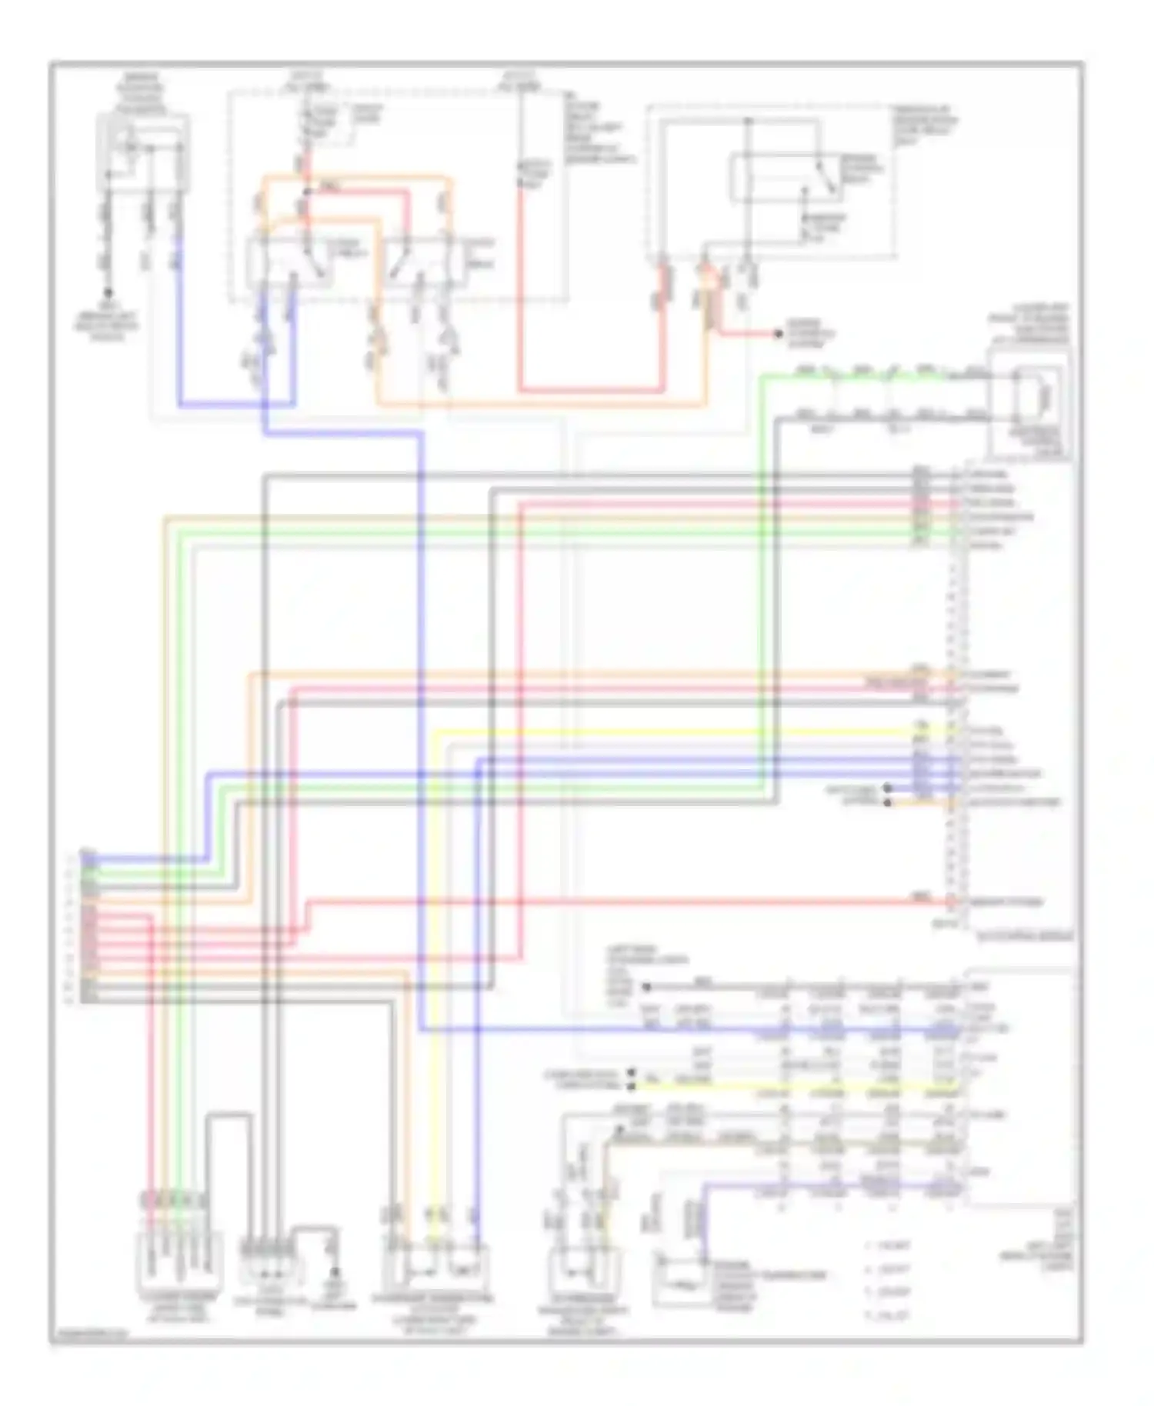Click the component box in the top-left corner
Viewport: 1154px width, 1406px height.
point(142,152)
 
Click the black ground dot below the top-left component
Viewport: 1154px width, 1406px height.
point(108,293)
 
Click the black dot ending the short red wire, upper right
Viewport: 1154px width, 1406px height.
point(779,335)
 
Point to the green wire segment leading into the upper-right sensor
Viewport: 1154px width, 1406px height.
point(846,376)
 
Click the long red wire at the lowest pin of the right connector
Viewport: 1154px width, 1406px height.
point(615,901)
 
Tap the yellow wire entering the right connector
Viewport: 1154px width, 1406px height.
point(692,730)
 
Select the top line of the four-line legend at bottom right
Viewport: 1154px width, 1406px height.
point(889,1246)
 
